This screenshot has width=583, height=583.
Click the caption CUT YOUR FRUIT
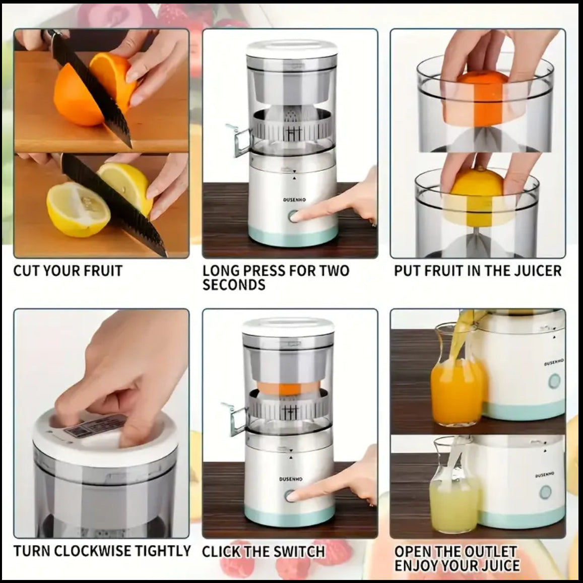click(x=68, y=271)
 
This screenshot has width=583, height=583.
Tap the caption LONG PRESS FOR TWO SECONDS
click(x=276, y=277)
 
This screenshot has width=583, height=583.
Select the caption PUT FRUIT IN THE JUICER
click(x=477, y=271)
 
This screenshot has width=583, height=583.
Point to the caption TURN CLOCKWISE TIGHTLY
click(x=102, y=551)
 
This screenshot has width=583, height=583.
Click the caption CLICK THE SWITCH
click(x=263, y=551)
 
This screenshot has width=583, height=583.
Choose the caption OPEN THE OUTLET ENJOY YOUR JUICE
click(x=457, y=558)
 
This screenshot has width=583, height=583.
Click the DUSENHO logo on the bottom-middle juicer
click(x=291, y=479)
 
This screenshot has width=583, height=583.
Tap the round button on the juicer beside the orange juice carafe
click(x=555, y=380)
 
